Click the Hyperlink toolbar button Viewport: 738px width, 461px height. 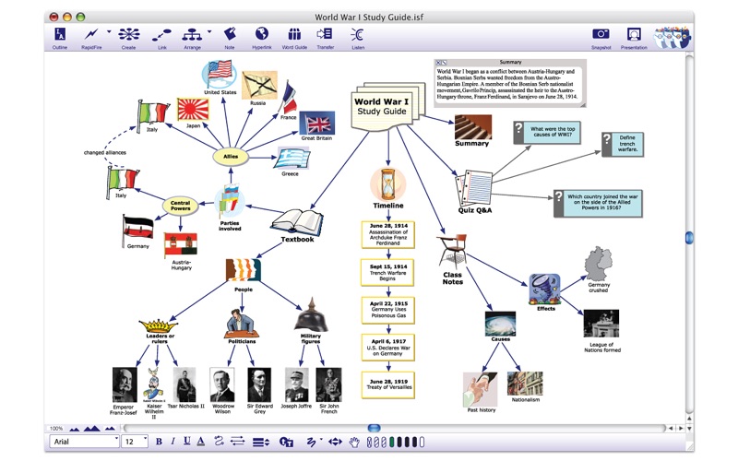261,35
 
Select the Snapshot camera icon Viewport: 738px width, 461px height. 601,35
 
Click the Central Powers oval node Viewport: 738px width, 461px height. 181,204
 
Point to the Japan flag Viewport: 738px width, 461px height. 193,110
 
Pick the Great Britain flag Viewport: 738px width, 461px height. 320,124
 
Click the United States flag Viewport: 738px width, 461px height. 220,72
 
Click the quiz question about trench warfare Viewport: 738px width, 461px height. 625,144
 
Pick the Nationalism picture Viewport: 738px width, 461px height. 524,384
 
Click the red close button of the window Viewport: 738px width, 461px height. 54,17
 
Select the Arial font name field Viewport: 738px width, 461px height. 81,442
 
